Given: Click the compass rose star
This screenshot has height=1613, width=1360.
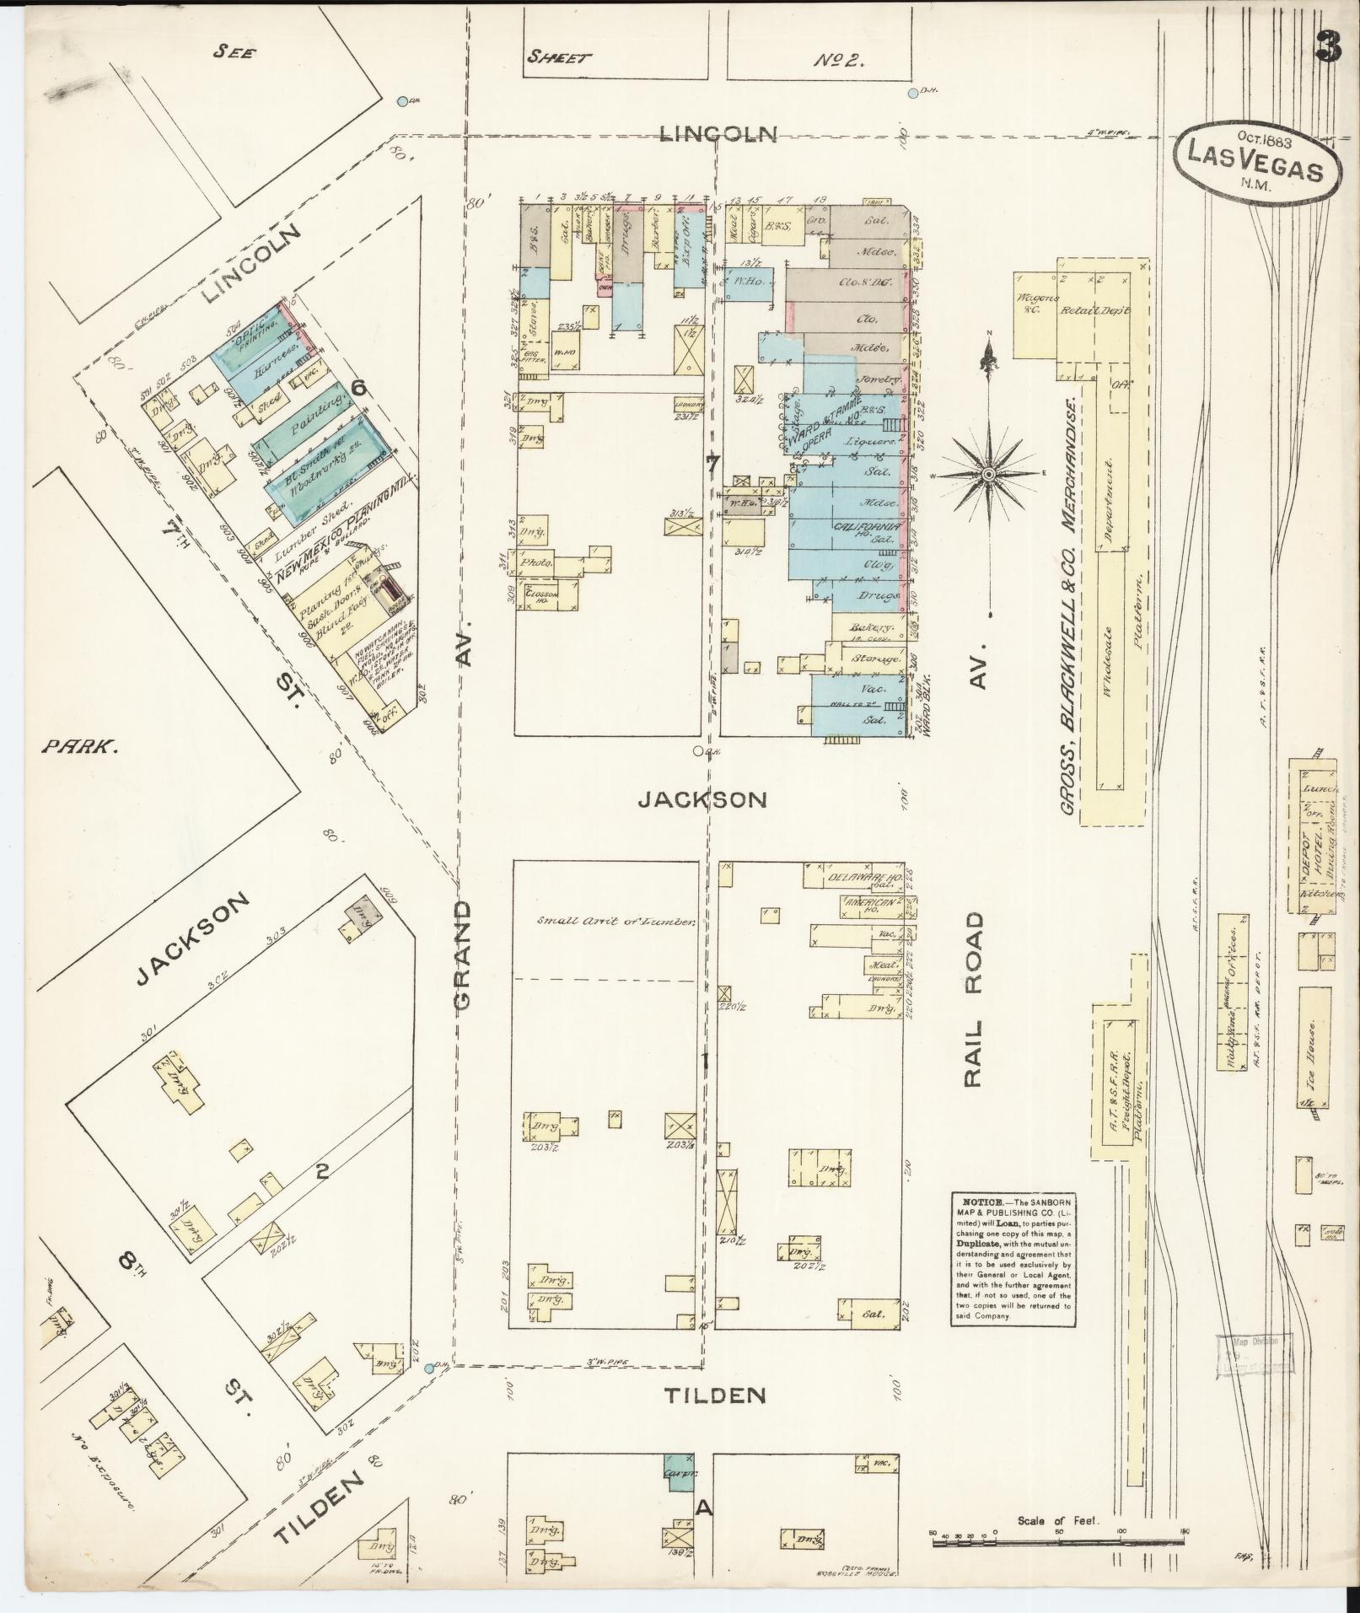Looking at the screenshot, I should click(988, 475).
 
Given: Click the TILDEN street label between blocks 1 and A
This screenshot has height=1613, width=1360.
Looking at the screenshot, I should click(714, 1395).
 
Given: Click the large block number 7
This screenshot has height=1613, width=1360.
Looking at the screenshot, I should click(712, 464).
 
